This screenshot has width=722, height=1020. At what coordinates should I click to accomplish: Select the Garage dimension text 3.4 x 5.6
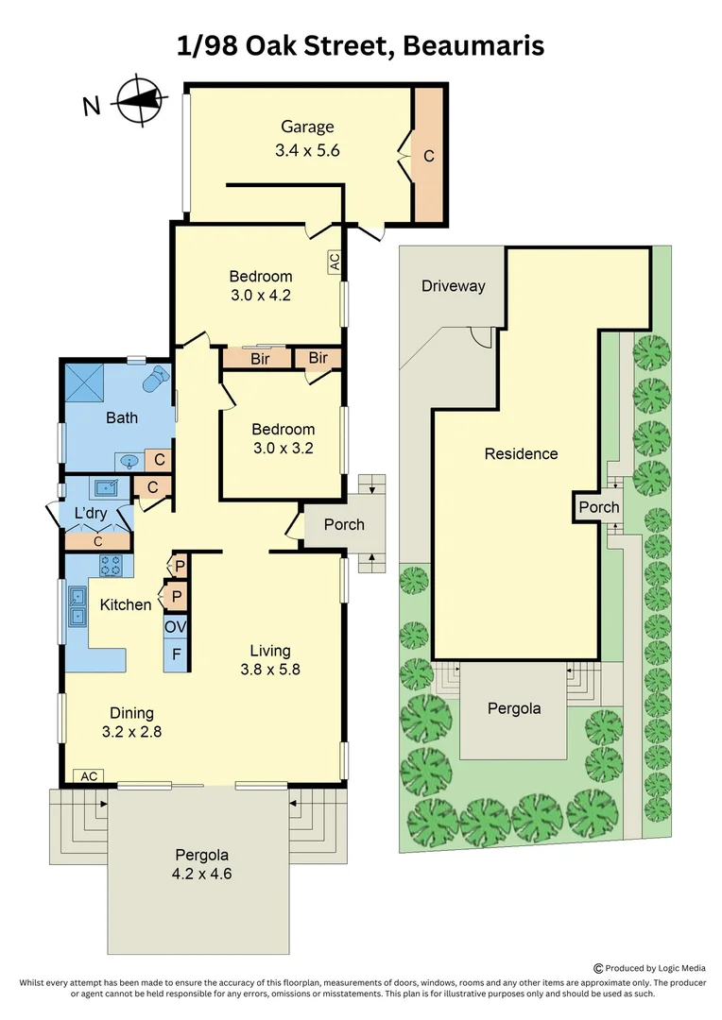[306, 149]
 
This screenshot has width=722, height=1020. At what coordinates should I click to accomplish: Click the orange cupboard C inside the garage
[429, 156]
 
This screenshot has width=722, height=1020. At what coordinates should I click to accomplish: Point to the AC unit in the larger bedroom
[335, 261]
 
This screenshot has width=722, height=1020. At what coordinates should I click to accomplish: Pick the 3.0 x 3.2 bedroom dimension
[283, 448]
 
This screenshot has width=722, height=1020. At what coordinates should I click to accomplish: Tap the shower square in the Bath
[82, 382]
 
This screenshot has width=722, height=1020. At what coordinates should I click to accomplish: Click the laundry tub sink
[104, 489]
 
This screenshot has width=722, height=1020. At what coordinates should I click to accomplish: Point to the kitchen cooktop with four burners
[111, 566]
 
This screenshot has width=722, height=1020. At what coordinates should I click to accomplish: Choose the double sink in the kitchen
[77, 615]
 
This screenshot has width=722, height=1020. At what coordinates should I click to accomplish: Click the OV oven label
[175, 626]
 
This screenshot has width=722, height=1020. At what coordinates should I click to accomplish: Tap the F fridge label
[175, 654]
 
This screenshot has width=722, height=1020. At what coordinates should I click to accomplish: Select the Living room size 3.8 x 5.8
[269, 670]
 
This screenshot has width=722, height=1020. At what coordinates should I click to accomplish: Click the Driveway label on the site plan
[453, 286]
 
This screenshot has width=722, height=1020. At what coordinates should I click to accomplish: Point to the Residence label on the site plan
[521, 453]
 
